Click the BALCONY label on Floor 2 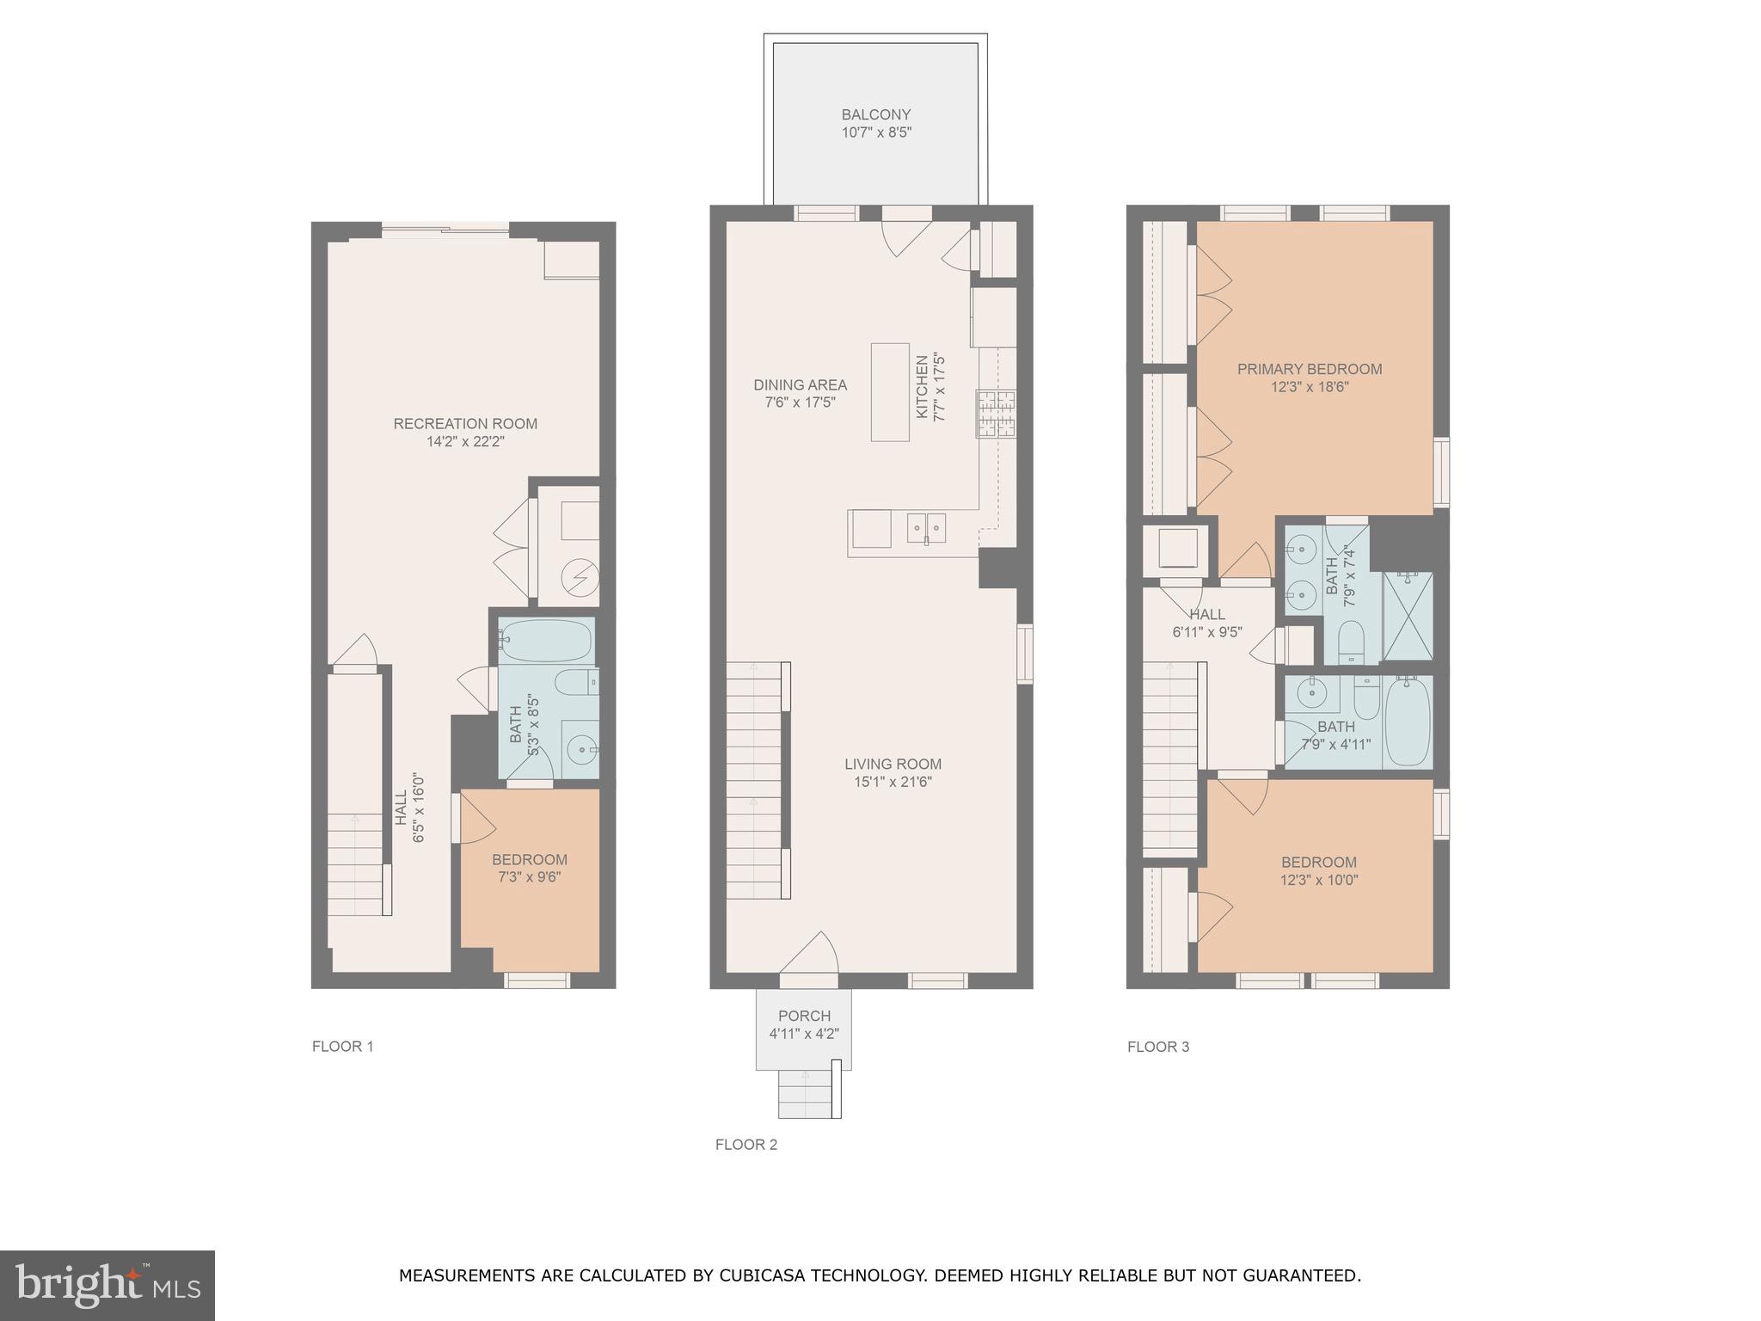point(875,115)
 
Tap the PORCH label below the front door point(804,1017)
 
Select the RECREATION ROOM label point(465,424)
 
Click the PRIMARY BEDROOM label point(1309,370)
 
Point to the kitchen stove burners point(996,414)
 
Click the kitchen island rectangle point(890,392)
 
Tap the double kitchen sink point(926,527)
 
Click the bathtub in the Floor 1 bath point(546,640)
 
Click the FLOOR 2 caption point(746,1145)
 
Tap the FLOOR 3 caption point(1158,1047)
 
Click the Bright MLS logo point(107,1285)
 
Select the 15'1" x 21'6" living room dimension point(893,782)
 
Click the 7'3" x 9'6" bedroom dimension point(530,877)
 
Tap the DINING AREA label point(800,385)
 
